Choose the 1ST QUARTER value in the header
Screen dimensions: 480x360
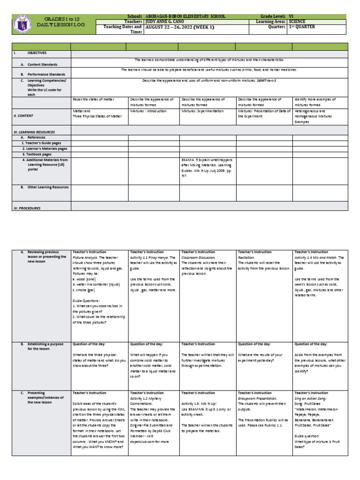click(x=302, y=27)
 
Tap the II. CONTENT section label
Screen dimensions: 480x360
click(x=23, y=115)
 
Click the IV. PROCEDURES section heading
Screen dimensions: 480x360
click(x=27, y=208)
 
